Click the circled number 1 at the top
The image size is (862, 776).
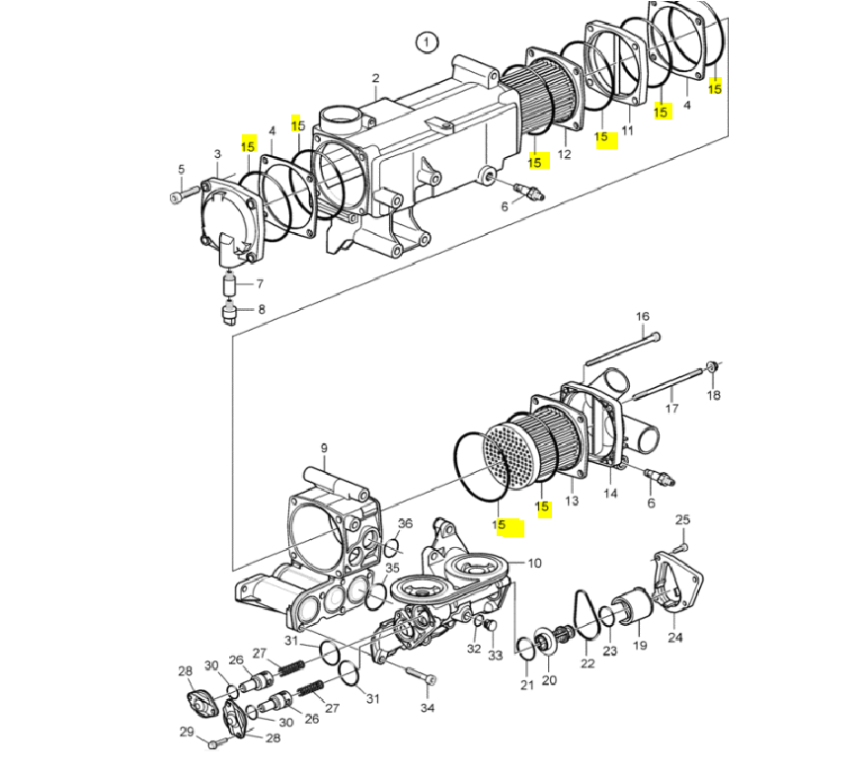tap(426, 41)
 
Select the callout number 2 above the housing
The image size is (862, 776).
tap(375, 78)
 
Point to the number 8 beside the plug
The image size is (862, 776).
tap(262, 309)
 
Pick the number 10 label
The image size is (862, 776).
tap(534, 564)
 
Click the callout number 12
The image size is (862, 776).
tap(564, 154)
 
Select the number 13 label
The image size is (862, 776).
tap(571, 502)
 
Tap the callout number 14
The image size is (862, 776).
tap(610, 493)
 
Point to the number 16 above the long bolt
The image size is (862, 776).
tap(642, 316)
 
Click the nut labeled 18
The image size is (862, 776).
tap(712, 369)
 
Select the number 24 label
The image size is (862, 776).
tap(674, 637)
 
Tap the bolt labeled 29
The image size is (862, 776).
tap(213, 741)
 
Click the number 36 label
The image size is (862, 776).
tap(405, 523)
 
